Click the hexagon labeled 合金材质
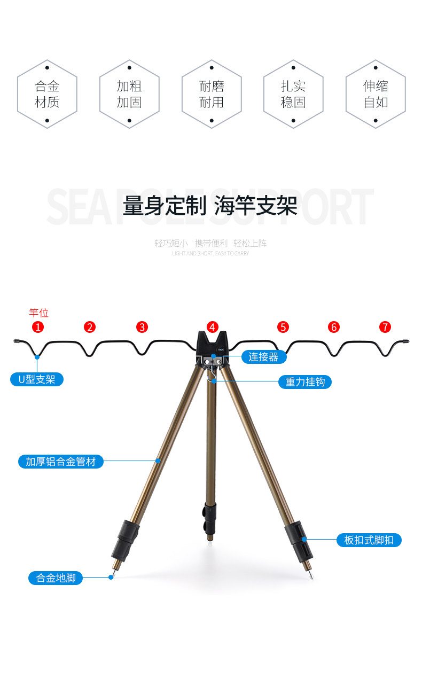[x=47, y=94]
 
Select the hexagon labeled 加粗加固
[x=129, y=94]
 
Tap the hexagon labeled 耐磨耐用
[x=212, y=94]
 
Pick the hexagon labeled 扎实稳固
[x=293, y=94]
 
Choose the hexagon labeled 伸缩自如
[x=376, y=94]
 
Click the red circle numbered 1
[x=38, y=327]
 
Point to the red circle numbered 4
[x=213, y=327]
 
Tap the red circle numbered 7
[x=385, y=327]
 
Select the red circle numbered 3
[x=142, y=327]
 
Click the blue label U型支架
[x=37, y=380]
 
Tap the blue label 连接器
[x=263, y=357]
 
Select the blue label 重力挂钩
[x=304, y=382]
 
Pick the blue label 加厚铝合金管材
[x=60, y=461]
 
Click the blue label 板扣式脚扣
[x=369, y=540]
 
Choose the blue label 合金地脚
[x=56, y=578]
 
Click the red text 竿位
[x=38, y=313]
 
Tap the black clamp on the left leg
[x=125, y=539]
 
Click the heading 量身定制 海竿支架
[x=210, y=206]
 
